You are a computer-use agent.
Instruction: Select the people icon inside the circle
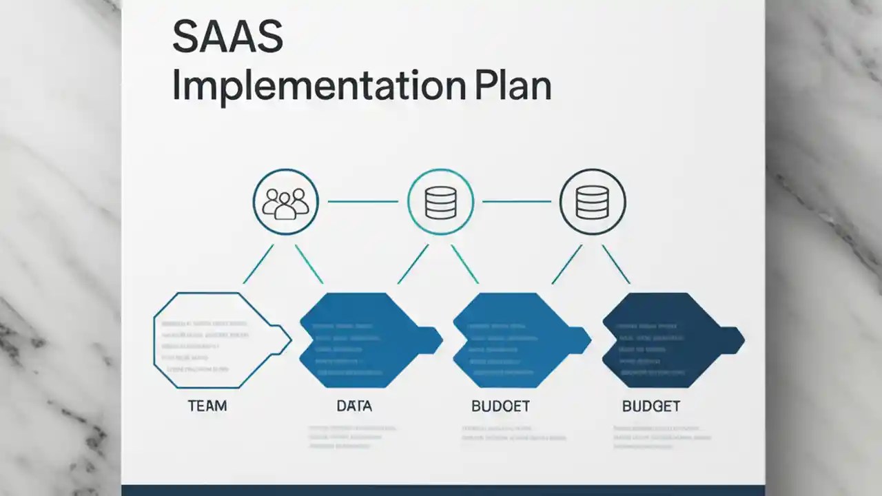click(x=285, y=202)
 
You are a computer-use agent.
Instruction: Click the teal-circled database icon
click(x=441, y=202)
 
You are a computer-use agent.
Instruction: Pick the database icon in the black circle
click(x=593, y=202)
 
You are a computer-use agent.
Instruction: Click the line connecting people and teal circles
click(x=362, y=202)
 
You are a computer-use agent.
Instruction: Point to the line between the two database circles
click(x=517, y=202)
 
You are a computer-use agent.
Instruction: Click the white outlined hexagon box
click(x=214, y=340)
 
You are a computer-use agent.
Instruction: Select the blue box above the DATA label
click(x=362, y=340)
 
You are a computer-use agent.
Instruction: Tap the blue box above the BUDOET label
click(x=513, y=340)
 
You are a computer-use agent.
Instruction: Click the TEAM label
click(x=207, y=406)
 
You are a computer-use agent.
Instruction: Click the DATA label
click(x=354, y=406)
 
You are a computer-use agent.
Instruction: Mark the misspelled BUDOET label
click(x=500, y=406)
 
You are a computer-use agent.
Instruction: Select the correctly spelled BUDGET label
click(x=650, y=406)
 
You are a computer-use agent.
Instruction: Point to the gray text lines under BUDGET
click(x=661, y=437)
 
